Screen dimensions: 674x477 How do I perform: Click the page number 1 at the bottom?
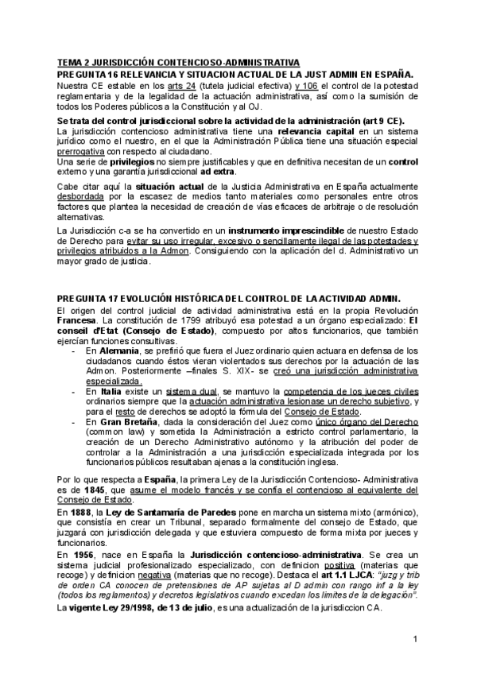[x=415, y=640]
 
